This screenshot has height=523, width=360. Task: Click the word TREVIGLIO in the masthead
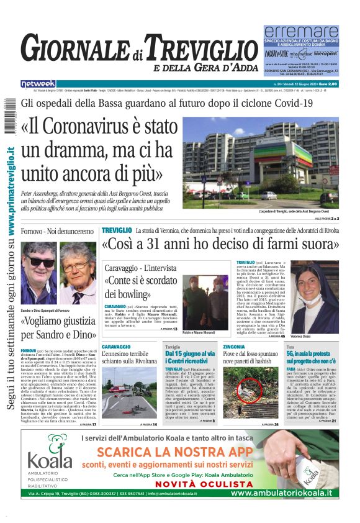(x=205, y=48)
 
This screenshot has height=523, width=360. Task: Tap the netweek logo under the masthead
(x=38, y=84)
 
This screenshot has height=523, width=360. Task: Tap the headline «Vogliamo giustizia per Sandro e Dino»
(x=58, y=327)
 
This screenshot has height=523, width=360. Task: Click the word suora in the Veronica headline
(x=307, y=244)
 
